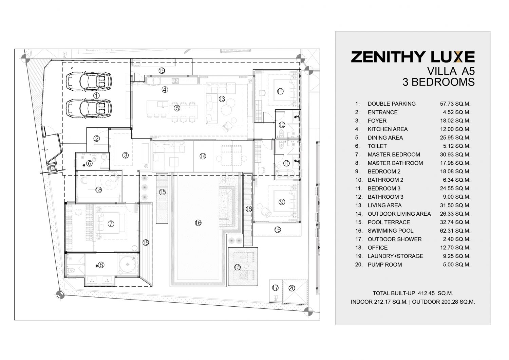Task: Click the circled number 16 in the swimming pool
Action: [198, 223]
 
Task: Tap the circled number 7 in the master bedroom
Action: [111, 224]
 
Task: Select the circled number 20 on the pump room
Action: [292, 288]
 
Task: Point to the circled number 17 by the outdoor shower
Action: [275, 288]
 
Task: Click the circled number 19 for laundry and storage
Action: [162, 71]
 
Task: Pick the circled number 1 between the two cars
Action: [96, 95]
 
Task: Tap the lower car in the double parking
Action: [89, 108]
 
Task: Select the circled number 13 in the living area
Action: [222, 99]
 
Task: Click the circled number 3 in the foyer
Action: [126, 155]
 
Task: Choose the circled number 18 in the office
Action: [98, 190]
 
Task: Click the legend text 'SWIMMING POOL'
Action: [390, 231]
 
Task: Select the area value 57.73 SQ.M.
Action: [455, 104]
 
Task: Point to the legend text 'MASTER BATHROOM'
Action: [395, 163]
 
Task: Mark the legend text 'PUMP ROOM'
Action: [385, 265]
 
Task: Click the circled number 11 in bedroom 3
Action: [280, 91]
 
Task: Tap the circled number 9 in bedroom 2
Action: [282, 202]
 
